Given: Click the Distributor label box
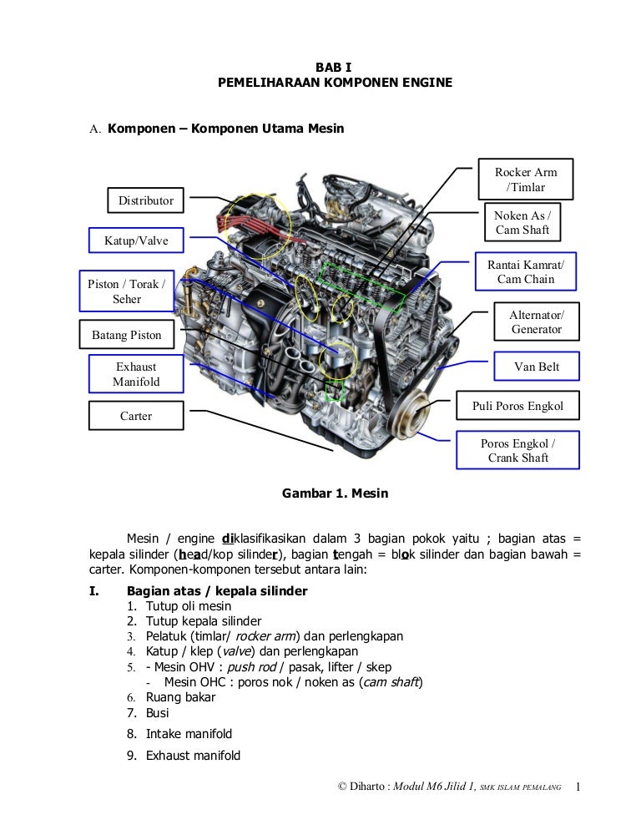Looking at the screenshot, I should [x=146, y=200].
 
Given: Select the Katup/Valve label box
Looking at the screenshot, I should [x=136, y=241].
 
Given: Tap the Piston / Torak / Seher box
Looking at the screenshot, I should [x=127, y=291].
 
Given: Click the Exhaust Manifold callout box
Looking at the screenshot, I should [x=136, y=374].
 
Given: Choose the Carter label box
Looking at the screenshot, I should [x=136, y=415].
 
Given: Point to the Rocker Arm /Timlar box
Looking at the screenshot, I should [x=526, y=180].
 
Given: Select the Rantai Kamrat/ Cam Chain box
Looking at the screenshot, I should [x=526, y=271].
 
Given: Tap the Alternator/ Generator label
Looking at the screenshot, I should [x=537, y=321].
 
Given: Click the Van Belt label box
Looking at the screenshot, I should [x=537, y=367].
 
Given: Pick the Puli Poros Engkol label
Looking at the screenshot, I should [x=517, y=407].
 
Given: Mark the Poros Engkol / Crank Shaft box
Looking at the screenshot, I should [x=517, y=450].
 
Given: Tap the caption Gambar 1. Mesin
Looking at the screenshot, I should [x=336, y=493].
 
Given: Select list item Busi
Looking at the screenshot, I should [x=158, y=713].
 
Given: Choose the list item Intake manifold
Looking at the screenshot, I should [x=189, y=734].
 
